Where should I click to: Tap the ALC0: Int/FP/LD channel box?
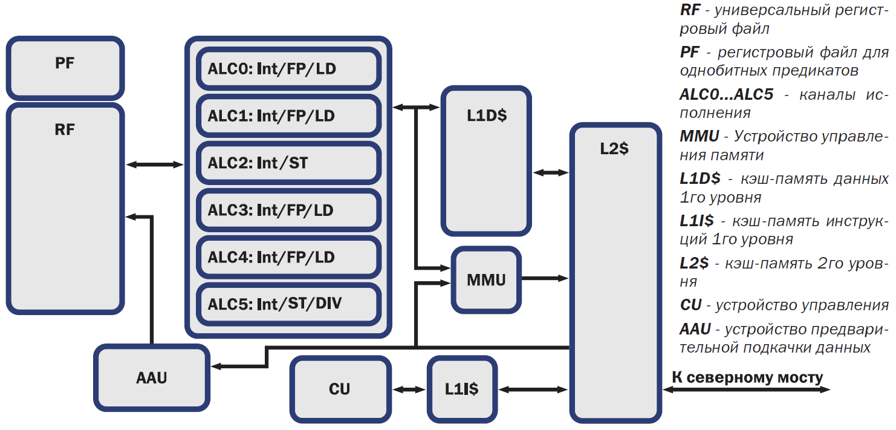[288, 69]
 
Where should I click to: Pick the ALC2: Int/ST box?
[288, 163]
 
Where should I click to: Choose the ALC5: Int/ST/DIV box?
[288, 303]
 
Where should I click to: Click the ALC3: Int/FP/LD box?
[288, 210]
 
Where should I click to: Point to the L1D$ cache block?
[486, 160]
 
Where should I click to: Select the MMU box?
[486, 280]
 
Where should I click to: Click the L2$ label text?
[614, 149]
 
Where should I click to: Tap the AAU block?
[152, 378]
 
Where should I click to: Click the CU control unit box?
[340, 389]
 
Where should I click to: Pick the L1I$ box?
[462, 389]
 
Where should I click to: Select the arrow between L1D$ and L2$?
[551, 172]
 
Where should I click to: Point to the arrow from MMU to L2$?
[545, 279]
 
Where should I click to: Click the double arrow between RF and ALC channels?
[155, 164]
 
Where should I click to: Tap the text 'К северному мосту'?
[747, 378]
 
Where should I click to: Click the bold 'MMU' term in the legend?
[699, 137]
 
